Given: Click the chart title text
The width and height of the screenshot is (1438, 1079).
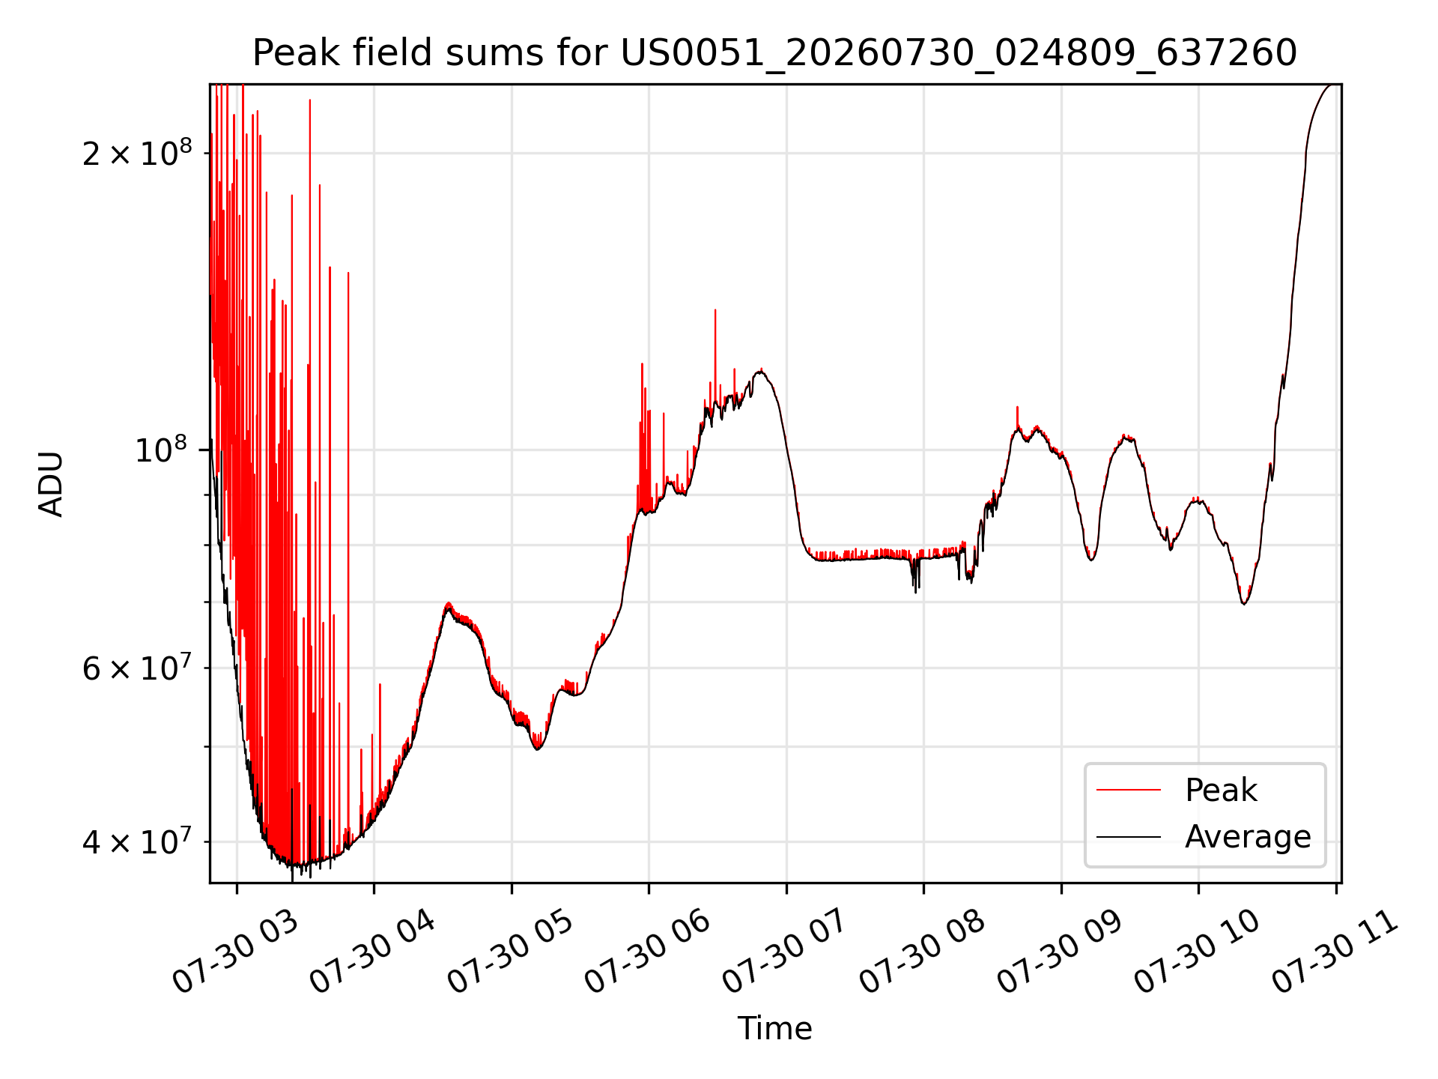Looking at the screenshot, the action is [x=774, y=53].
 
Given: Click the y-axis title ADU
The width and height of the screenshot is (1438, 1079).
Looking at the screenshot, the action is [x=51, y=484].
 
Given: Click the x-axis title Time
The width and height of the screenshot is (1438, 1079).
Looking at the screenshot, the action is [x=774, y=1028].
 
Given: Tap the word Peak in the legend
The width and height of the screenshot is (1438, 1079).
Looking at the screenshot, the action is [x=1221, y=791].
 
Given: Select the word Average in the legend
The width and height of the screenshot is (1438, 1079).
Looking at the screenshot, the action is [x=1248, y=837].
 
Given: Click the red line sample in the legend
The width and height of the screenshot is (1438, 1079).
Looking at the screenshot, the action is [x=1129, y=791].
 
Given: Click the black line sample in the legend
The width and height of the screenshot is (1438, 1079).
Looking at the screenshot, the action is [x=1129, y=837].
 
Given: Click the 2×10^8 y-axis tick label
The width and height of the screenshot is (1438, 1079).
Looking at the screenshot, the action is [x=137, y=153].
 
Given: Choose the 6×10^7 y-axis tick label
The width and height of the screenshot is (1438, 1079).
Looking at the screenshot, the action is [x=137, y=667].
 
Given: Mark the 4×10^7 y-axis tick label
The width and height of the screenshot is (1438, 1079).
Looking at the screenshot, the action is [x=137, y=841].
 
